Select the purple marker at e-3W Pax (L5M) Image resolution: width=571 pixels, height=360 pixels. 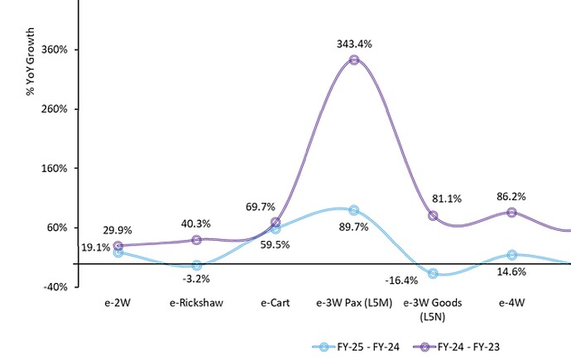(354, 60)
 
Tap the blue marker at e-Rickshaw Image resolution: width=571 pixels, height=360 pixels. (196, 266)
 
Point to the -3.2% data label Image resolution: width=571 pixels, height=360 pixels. (196, 281)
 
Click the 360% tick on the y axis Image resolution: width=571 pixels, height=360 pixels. (55, 50)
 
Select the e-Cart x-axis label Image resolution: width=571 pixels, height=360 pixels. (275, 303)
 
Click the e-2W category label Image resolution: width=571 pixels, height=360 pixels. (118, 303)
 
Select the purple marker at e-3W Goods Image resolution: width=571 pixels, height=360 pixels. (433, 216)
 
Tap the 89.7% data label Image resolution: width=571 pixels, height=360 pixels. (354, 227)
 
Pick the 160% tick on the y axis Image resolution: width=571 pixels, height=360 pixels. (55, 168)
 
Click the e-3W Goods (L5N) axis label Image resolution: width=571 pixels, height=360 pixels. (433, 309)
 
